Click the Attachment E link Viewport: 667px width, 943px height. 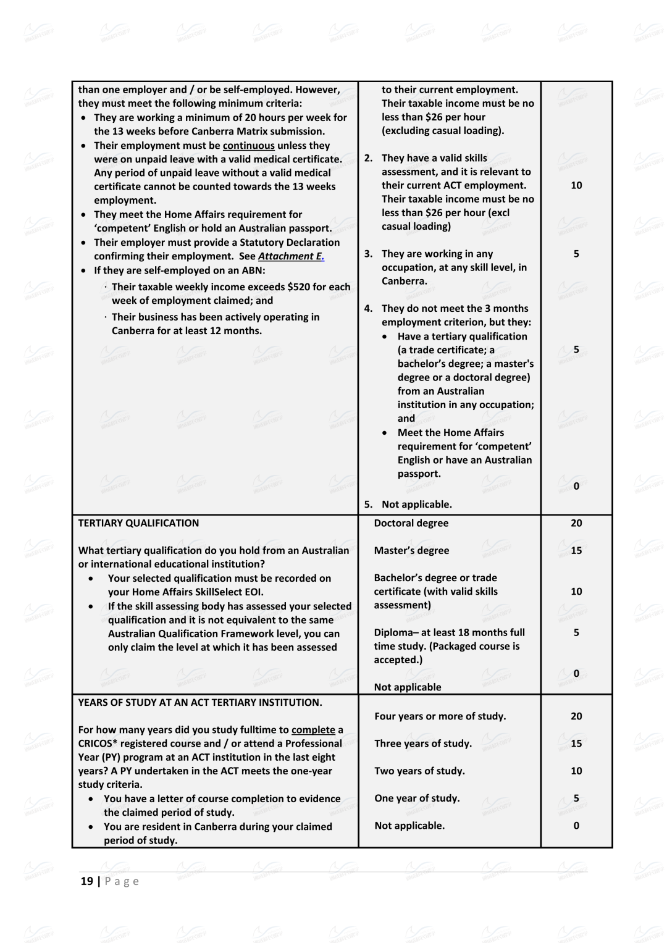[x=291, y=256]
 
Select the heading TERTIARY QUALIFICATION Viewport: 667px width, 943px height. [x=138, y=523]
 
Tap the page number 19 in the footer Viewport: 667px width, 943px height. [x=86, y=881]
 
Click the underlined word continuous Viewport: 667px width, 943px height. [x=248, y=146]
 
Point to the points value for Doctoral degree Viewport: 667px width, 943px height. [x=576, y=523]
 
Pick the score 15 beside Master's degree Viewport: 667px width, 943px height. [x=576, y=550]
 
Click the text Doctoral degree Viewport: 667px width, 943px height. [x=411, y=523]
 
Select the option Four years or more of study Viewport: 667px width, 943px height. [x=440, y=716]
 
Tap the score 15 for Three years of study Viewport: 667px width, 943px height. [x=576, y=744]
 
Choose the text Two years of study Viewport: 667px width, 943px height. [x=419, y=771]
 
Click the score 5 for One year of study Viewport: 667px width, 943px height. [x=576, y=798]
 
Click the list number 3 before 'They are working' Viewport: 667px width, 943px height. [x=368, y=254]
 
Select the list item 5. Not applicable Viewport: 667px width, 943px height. [x=408, y=505]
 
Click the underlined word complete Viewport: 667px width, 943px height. [x=313, y=730]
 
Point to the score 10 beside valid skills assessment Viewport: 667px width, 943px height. [x=576, y=185]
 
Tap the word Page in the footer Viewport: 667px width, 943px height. [x=122, y=881]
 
